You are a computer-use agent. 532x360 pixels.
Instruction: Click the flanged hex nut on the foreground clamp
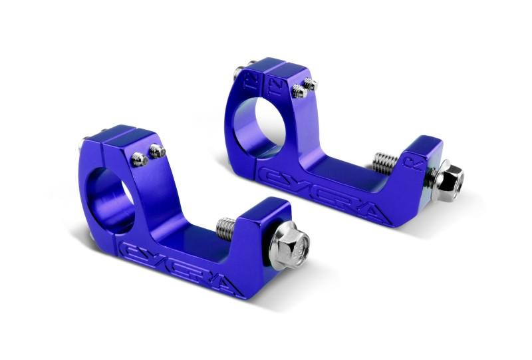tap(293, 243)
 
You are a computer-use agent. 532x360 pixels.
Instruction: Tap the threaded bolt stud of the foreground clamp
tap(225, 228)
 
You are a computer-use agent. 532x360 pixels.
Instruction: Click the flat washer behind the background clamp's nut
tap(436, 176)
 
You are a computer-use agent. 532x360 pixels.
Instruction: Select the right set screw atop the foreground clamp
tap(157, 151)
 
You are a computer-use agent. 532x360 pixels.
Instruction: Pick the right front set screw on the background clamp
tap(310, 84)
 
